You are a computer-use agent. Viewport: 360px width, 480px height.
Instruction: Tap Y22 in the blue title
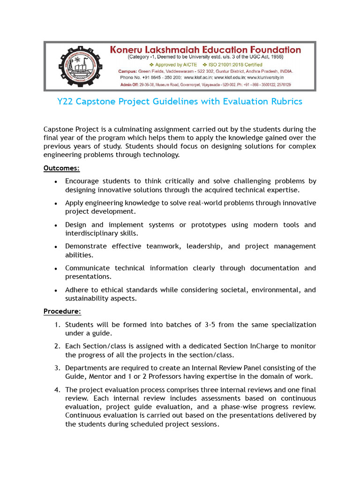point(66,102)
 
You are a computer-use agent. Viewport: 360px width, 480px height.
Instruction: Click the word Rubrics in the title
point(286,102)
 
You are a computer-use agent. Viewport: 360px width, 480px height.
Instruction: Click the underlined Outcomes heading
point(61,168)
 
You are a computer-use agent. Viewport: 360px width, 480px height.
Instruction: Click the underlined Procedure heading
point(62,311)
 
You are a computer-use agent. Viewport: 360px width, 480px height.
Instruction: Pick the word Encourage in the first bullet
point(82,181)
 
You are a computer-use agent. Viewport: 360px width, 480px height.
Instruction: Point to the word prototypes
point(209,225)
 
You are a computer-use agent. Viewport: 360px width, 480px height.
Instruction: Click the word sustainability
point(88,298)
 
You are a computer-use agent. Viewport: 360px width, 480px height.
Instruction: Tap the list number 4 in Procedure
point(56,390)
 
